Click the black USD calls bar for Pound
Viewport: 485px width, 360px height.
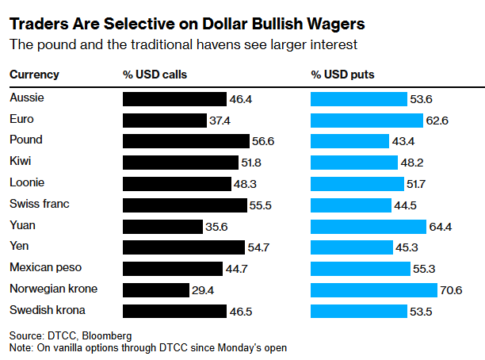(x=186, y=141)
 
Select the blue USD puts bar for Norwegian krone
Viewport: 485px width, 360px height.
(x=374, y=290)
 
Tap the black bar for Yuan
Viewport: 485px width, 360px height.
(x=162, y=227)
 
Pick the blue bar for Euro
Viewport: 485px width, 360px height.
(x=367, y=121)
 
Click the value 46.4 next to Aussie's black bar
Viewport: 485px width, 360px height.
(x=241, y=99)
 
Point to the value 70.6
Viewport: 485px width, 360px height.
(x=451, y=290)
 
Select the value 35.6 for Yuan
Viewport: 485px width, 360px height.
(x=216, y=227)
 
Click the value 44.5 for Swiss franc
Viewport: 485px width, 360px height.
(x=405, y=205)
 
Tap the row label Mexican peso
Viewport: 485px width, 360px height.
(x=45, y=267)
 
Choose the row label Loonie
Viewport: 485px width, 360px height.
(x=27, y=182)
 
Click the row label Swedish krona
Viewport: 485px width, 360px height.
(x=48, y=310)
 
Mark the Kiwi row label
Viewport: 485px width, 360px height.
(x=21, y=161)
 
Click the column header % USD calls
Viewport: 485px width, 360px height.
(x=155, y=75)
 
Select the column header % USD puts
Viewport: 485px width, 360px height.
(x=342, y=75)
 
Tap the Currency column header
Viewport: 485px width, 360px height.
(x=34, y=75)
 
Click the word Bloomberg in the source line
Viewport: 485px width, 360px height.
(x=107, y=335)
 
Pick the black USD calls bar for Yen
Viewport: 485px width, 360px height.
(x=184, y=247)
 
